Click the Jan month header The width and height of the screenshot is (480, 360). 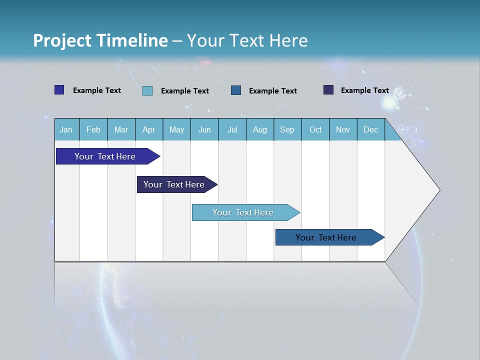point(66,129)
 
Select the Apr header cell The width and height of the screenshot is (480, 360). point(149,129)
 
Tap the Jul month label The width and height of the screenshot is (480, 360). point(232,129)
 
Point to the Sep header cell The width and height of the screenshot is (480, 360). point(287,129)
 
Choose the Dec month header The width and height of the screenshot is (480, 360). point(370,129)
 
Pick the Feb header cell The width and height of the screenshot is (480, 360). point(93,129)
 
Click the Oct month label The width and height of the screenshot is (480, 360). point(315,129)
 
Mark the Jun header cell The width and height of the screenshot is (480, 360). point(204,129)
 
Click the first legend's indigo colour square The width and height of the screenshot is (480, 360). point(59,90)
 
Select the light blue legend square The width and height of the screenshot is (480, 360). point(147,90)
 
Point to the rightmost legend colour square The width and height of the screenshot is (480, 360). point(328,90)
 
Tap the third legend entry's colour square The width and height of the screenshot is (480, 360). point(236,90)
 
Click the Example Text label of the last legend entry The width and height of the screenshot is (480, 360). point(364,90)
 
